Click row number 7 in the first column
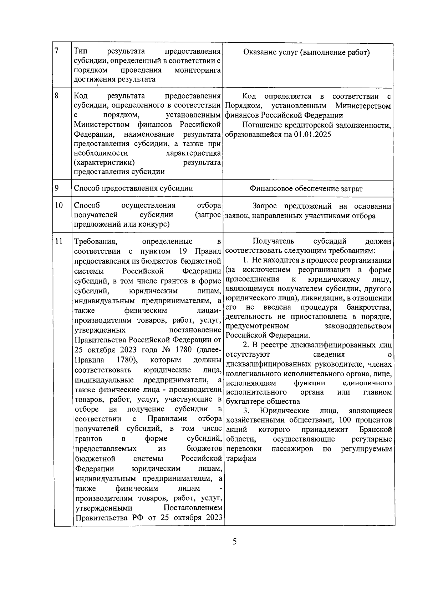click(x=57, y=51)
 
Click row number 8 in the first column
click(x=57, y=95)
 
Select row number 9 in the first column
click(x=57, y=188)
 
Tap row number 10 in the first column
click(x=59, y=205)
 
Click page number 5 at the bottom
click(x=234, y=542)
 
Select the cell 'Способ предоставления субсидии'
click(x=133, y=188)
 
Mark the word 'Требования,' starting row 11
click(x=96, y=242)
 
